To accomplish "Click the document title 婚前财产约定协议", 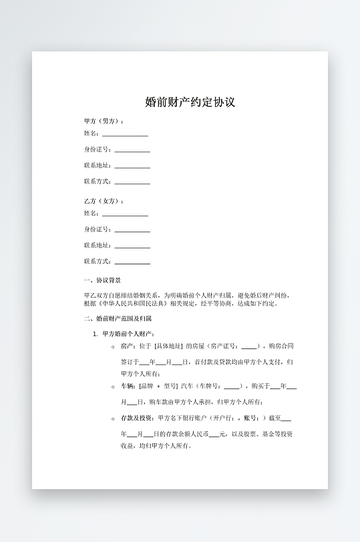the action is pos(190,102).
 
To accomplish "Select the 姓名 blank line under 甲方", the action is pos(125,135).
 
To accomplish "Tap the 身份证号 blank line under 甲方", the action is pos(132,151).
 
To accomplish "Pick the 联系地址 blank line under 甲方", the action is pos(132,167).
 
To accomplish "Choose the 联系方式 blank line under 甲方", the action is pos(132,183).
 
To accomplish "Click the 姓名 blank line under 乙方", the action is pos(125,215).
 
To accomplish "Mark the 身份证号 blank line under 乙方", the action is pos(132,231).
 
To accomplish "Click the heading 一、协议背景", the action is pos(102,280).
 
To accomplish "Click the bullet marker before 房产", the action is pos(114,347).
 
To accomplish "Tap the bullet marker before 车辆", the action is pos(114,386).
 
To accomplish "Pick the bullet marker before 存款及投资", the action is pos(114,419).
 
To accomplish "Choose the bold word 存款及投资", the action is pos(136,419).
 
